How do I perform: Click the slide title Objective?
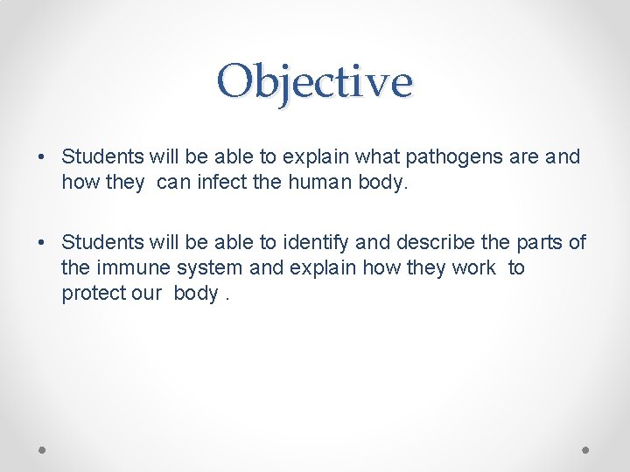click(315, 82)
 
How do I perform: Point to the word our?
click(147, 294)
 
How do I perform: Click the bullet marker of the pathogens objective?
click(42, 157)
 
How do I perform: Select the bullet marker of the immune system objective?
click(42, 241)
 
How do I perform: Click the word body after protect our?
click(196, 294)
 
